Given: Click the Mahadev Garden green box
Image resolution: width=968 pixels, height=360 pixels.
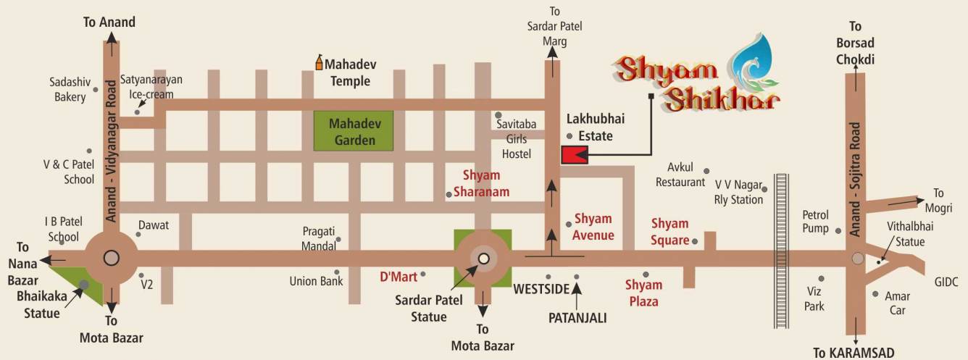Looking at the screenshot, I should (352, 131).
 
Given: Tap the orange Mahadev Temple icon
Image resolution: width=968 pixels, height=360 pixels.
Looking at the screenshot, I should (318, 63).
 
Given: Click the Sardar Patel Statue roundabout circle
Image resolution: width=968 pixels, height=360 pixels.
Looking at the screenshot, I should (483, 258).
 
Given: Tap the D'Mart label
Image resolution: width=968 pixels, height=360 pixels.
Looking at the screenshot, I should (399, 276).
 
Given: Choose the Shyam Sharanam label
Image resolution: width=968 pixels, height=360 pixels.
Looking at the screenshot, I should (481, 184).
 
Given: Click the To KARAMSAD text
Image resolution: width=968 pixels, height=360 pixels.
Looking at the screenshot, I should (854, 353).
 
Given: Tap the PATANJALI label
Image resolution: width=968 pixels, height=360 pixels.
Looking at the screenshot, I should (577, 317).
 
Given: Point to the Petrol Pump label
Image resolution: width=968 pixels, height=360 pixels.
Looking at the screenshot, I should (815, 222).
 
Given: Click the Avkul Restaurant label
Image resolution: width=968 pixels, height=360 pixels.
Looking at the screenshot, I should (680, 175).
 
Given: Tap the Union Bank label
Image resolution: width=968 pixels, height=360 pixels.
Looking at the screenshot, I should (316, 281).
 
